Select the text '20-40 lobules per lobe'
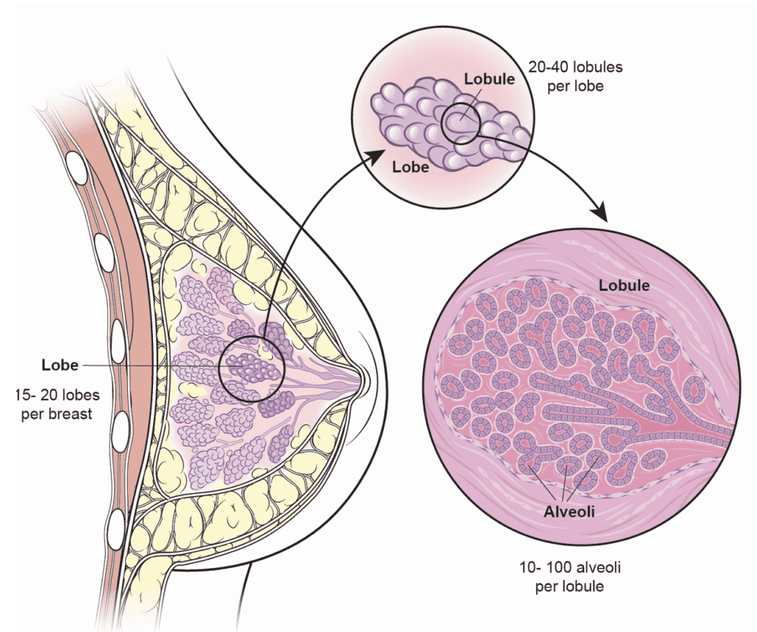[x=575, y=75]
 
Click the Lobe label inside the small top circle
[x=412, y=167]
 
